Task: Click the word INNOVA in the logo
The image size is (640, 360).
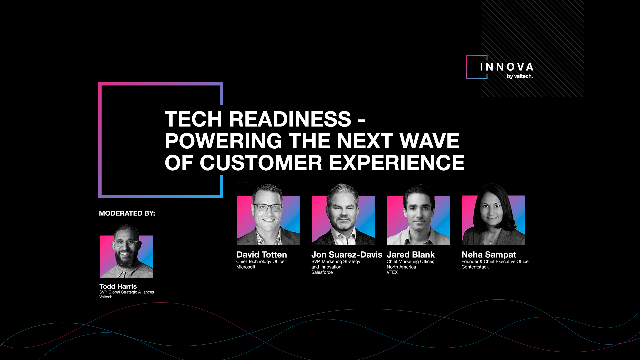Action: pos(507,67)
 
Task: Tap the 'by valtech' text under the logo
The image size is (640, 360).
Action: pos(520,76)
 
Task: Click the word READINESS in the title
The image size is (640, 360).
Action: pos(290,119)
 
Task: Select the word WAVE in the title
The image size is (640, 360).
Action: pos(429,141)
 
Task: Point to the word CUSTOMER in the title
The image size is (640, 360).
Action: pos(261,163)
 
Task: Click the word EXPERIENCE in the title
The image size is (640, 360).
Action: pos(397,163)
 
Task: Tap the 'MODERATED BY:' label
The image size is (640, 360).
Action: pos(127,213)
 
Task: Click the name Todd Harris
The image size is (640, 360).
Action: pos(118,286)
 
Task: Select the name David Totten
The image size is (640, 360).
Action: pos(262,255)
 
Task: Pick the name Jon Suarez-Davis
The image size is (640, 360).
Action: pos(347,255)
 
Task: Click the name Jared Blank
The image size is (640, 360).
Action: pos(411,255)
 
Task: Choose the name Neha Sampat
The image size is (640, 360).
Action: pos(489,255)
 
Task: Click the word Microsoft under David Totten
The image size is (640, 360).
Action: pos(246,267)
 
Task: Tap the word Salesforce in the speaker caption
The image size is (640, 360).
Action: pos(322,272)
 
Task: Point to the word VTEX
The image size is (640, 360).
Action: pos(392,272)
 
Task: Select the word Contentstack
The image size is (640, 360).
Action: pos(475,267)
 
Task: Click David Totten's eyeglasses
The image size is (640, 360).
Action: pos(268,207)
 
